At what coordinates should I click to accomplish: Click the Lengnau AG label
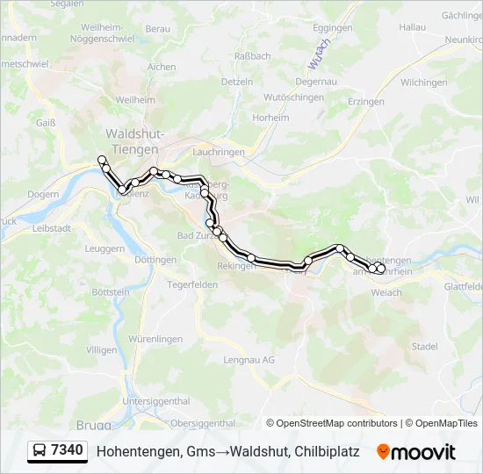[249, 360]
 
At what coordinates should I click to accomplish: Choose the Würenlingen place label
[155, 339]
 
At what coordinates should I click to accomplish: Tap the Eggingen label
[332, 28]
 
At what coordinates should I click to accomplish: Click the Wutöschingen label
[294, 97]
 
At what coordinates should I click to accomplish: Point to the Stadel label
[424, 347]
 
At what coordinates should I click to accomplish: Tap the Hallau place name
[412, 28]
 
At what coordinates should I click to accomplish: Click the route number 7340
[68, 451]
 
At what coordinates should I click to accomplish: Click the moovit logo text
[423, 452]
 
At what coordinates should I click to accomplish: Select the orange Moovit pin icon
[383, 452]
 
